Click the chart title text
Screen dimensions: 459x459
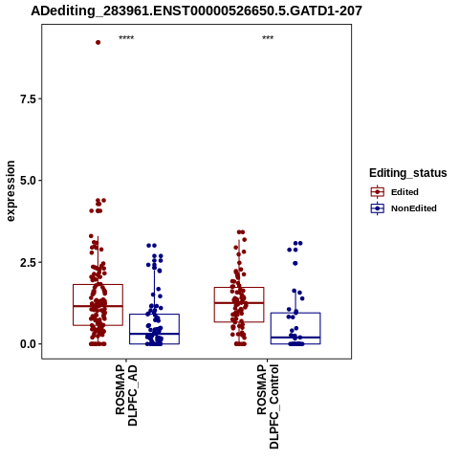[x=196, y=11]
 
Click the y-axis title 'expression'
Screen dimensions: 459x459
[x=11, y=191]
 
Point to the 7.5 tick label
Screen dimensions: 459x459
[x=28, y=99]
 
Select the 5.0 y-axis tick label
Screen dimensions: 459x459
[x=28, y=181]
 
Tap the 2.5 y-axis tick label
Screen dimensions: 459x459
[x=28, y=263]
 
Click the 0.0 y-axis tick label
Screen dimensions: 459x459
[x=28, y=344]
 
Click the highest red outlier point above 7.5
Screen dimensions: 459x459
[x=98, y=42]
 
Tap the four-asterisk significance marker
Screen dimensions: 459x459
[x=126, y=38]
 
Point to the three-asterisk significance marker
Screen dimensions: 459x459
[x=268, y=38]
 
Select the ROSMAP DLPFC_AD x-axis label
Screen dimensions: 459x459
[x=126, y=395]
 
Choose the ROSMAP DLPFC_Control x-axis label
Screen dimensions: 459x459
[x=268, y=406]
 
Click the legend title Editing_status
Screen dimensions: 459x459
[x=408, y=173]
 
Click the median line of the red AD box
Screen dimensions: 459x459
[x=98, y=306]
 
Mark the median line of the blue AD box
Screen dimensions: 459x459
[x=154, y=334]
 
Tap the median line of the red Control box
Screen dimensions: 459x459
[x=239, y=303]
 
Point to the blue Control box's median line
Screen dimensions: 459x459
[x=295, y=338]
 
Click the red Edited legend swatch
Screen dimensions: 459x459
[x=378, y=192]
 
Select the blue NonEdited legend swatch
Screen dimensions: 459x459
[x=378, y=208]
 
